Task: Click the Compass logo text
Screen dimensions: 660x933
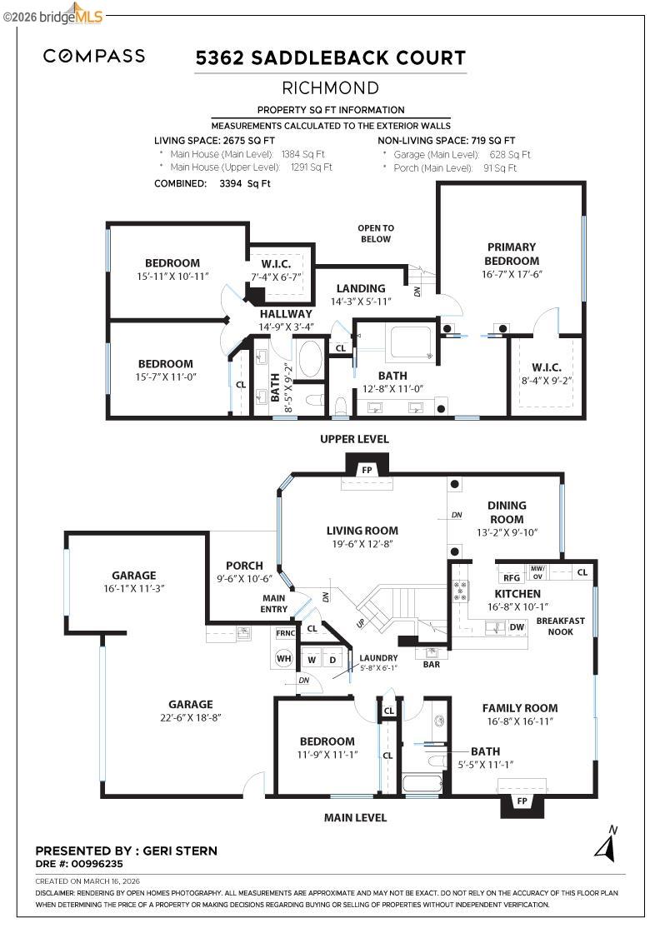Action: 94,56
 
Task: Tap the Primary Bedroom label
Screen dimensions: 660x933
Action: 512,254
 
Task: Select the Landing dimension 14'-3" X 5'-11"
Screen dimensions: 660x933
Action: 361,302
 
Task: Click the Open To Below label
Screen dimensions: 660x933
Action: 376,233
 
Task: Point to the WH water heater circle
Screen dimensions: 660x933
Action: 284,658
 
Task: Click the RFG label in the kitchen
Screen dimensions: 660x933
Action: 512,578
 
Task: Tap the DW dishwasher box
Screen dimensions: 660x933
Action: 517,627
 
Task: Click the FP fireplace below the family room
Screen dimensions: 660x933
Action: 522,803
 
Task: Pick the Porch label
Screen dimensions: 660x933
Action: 245,566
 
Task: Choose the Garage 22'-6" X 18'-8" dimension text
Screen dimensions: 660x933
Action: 191,717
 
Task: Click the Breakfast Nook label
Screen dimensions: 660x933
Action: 561,626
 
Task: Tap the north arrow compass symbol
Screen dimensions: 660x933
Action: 606,845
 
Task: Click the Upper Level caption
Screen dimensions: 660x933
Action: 354,439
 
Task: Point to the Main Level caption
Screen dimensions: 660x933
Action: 355,818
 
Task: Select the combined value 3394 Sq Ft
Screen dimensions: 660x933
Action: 245,184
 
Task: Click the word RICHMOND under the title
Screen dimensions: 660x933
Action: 330,88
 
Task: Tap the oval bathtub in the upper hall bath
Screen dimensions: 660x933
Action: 309,359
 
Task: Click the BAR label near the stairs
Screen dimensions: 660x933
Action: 432,665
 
